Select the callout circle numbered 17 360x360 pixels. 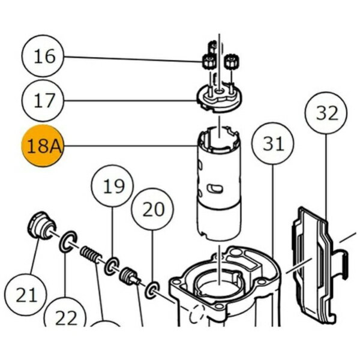click(x=44, y=100)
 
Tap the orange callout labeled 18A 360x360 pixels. click(x=43, y=146)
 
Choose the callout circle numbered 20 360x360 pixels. click(x=152, y=209)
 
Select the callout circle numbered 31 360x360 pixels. click(x=272, y=144)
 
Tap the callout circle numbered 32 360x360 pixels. click(x=326, y=112)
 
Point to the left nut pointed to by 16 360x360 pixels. click(x=207, y=61)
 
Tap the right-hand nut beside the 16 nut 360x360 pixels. click(x=230, y=61)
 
